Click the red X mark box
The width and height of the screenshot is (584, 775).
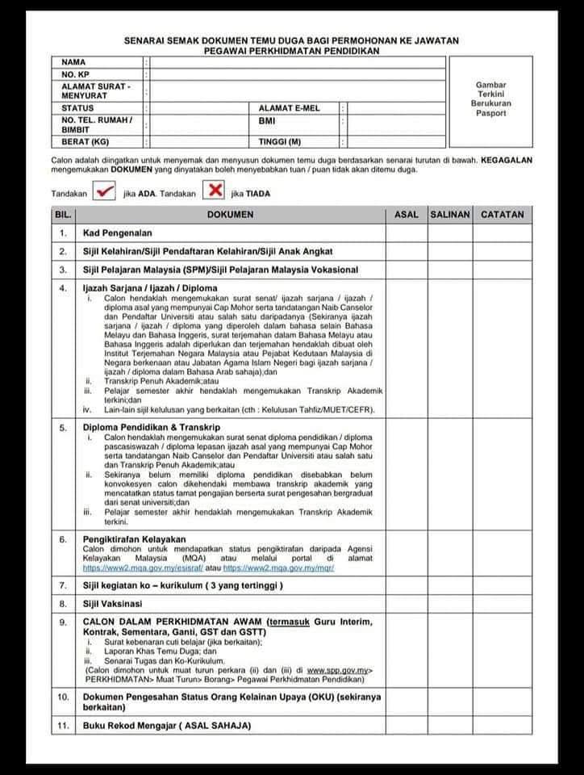tap(214, 191)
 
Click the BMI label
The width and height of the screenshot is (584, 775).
tap(267, 122)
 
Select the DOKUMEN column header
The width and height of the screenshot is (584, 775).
tap(230, 215)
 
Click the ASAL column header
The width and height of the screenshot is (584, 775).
tap(406, 215)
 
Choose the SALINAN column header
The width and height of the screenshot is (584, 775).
tap(449, 215)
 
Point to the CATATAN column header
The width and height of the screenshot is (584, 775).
tap(502, 215)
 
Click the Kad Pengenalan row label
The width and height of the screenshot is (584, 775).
tap(117, 233)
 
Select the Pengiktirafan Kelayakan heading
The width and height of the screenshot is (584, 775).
tap(135, 538)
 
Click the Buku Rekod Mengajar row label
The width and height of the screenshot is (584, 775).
tap(166, 726)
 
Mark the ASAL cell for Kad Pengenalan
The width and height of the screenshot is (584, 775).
tap(406, 233)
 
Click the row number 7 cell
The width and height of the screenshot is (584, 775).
tap(63, 584)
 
